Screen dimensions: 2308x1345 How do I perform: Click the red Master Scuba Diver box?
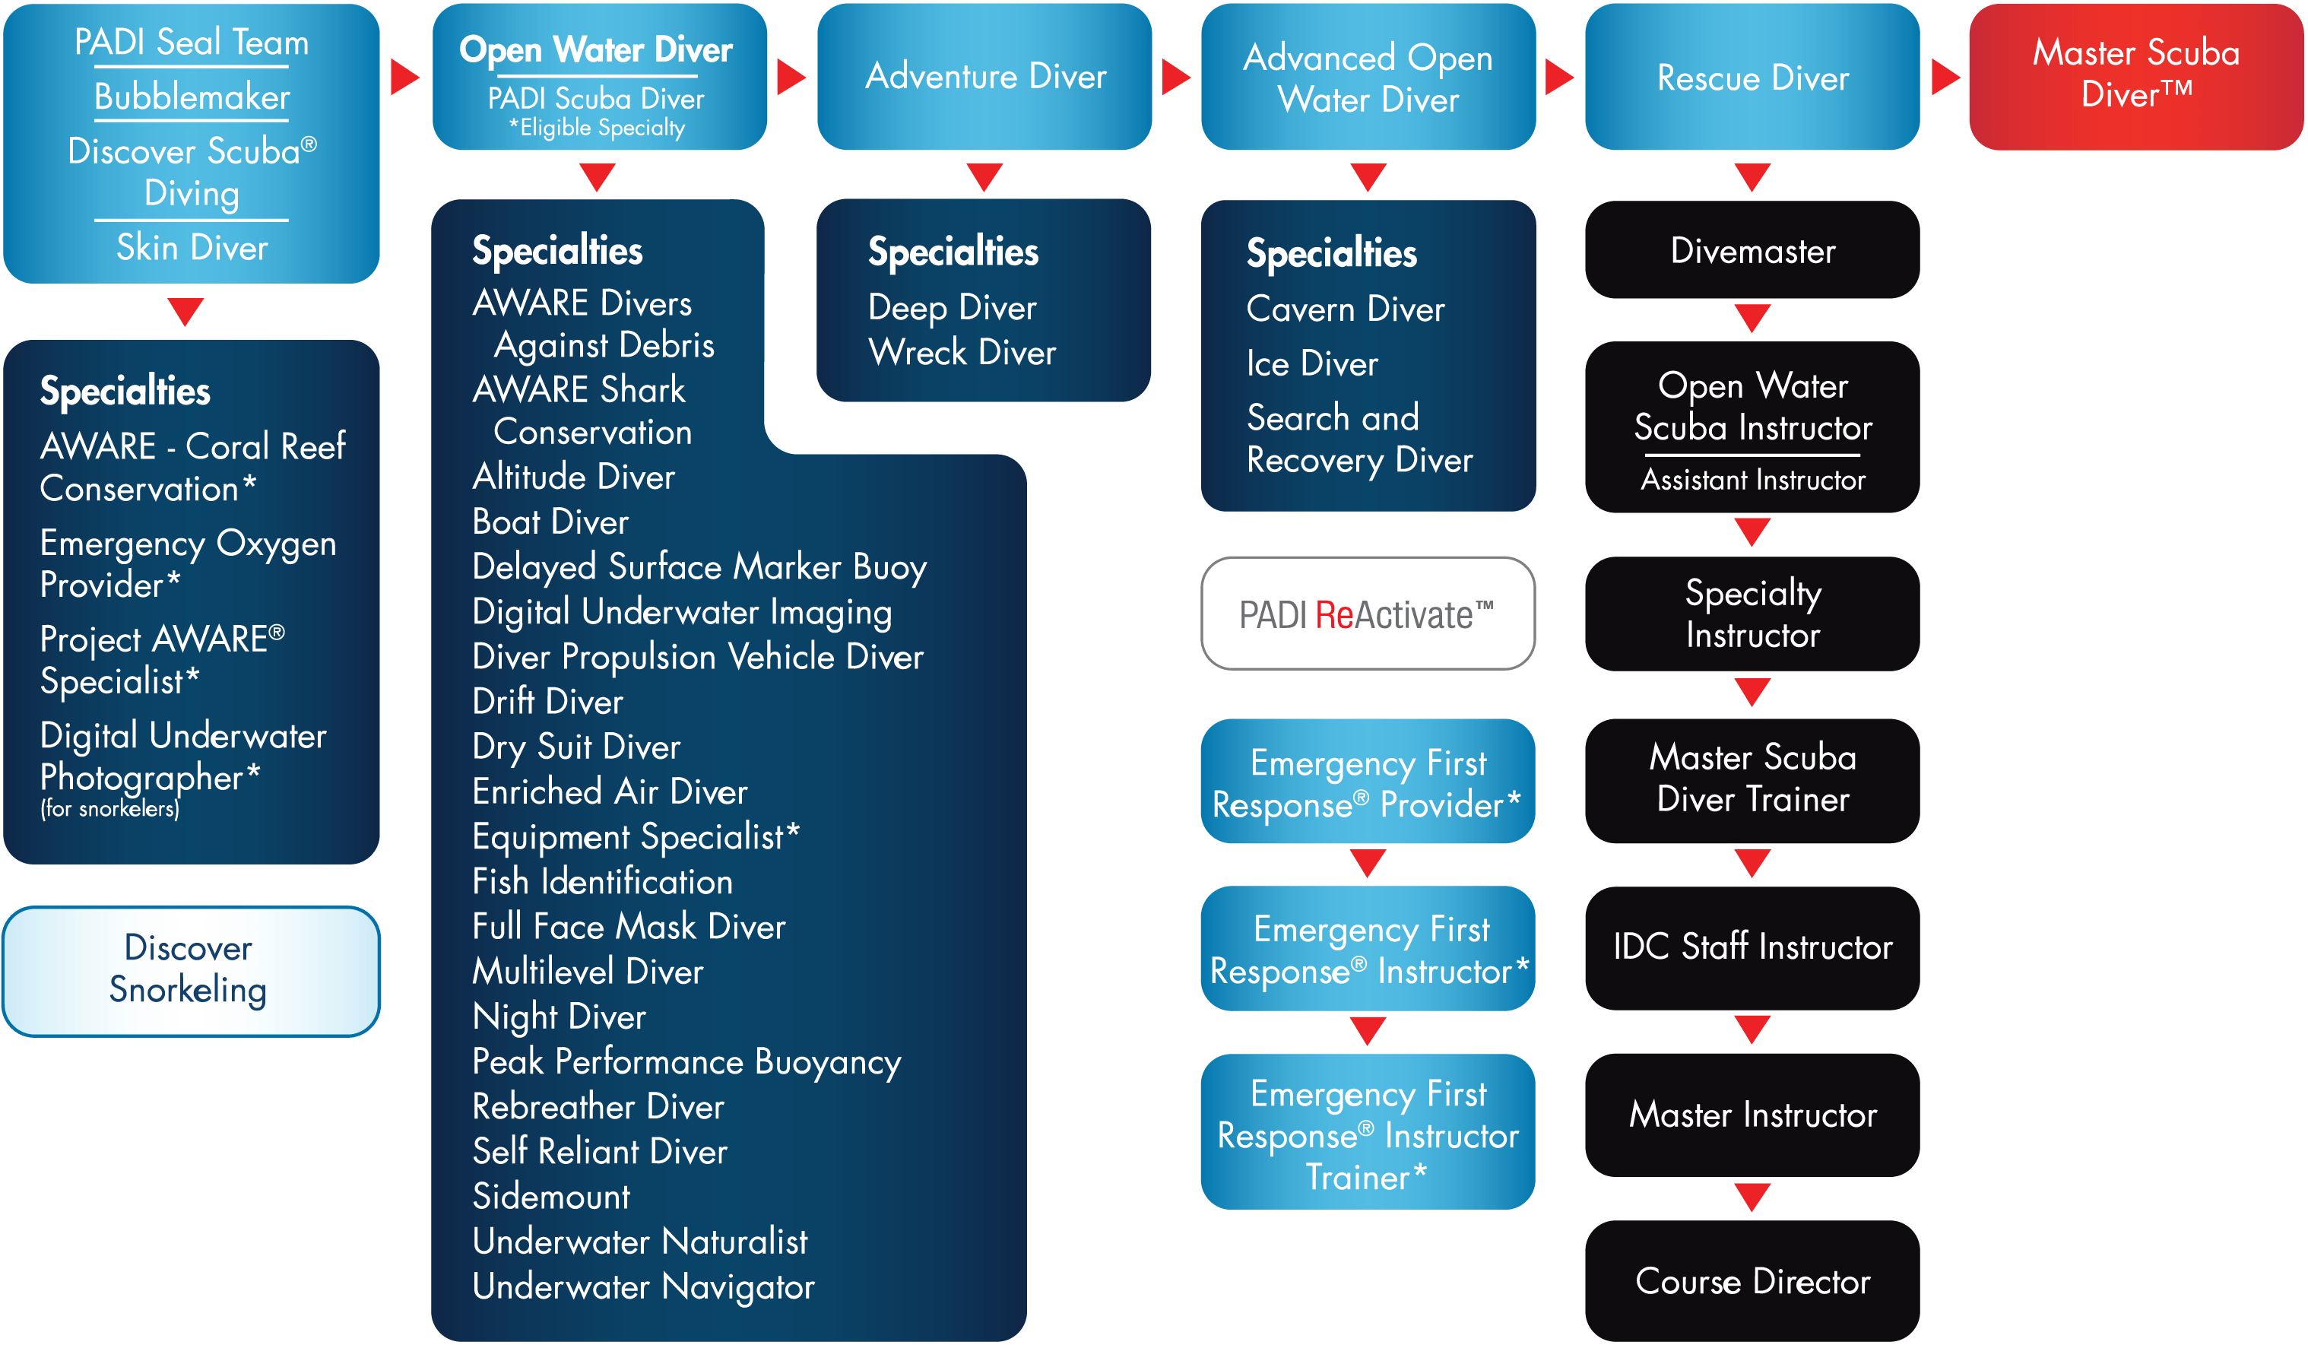click(x=2136, y=77)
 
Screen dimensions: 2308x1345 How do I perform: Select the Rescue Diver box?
click(x=1752, y=77)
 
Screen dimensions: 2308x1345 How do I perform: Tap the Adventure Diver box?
click(x=984, y=77)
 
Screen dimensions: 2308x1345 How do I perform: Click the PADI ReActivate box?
click(x=1368, y=614)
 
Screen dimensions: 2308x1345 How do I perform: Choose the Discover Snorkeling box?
click(x=191, y=971)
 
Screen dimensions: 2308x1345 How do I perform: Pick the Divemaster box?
click(x=1752, y=249)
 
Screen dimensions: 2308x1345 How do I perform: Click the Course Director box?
click(x=1752, y=1281)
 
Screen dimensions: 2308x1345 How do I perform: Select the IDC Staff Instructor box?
click(x=1752, y=947)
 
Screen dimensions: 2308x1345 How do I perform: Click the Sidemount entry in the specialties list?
click(x=551, y=1197)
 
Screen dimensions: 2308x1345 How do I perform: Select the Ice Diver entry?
click(x=1311, y=363)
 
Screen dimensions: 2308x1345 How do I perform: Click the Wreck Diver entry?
click(x=962, y=353)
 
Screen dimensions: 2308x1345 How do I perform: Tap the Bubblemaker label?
click(x=192, y=97)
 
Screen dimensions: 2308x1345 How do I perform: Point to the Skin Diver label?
click(x=192, y=247)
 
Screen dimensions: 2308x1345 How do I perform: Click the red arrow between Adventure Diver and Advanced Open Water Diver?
click(x=1176, y=77)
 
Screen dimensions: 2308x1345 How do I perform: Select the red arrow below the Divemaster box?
click(x=1752, y=318)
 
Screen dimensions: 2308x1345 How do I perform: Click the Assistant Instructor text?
click(x=1752, y=480)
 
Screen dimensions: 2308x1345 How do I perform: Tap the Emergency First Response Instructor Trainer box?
click(x=1368, y=1131)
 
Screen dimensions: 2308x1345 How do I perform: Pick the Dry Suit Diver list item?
click(x=576, y=747)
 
